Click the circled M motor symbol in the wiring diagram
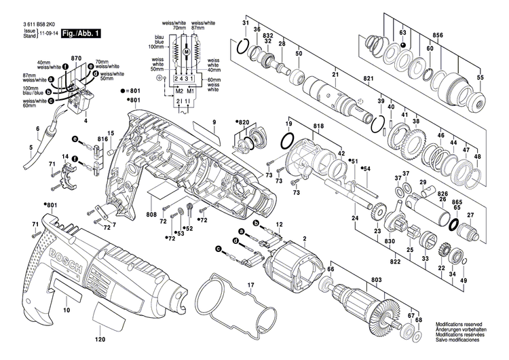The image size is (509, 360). click(x=185, y=52)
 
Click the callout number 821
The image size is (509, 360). click(x=369, y=79)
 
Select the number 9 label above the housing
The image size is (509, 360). click(x=212, y=122)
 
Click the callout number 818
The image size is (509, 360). click(x=319, y=127)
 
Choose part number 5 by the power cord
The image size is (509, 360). click(x=31, y=145)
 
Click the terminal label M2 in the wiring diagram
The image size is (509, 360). click(x=179, y=90)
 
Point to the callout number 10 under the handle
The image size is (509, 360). click(x=66, y=310)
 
